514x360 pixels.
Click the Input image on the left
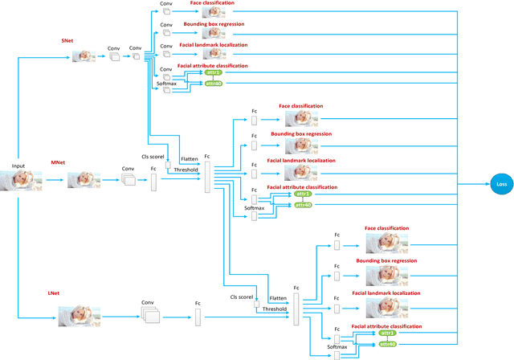(18, 181)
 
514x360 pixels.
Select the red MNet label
(58, 162)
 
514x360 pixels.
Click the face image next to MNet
(84, 179)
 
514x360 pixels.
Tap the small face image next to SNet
(84, 56)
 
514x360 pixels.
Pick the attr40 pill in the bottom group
(387, 343)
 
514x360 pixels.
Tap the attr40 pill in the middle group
(304, 204)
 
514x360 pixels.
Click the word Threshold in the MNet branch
(186, 170)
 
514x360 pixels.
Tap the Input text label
(18, 166)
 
